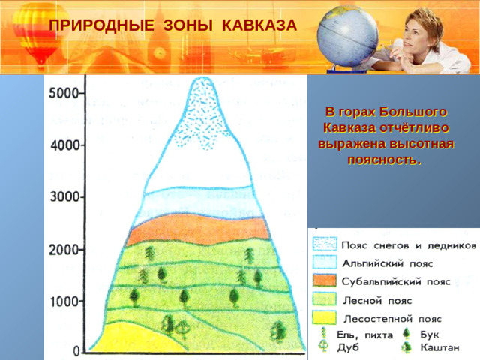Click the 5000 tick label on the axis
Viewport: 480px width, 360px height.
65,94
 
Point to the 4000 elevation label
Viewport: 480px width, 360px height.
65,146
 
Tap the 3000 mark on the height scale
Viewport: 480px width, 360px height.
65,197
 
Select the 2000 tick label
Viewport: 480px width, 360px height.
65,249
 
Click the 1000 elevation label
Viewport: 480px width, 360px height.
65,301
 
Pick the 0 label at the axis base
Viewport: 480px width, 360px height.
76,351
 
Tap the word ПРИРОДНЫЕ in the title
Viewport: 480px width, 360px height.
91,25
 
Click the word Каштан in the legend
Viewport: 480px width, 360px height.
441,348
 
